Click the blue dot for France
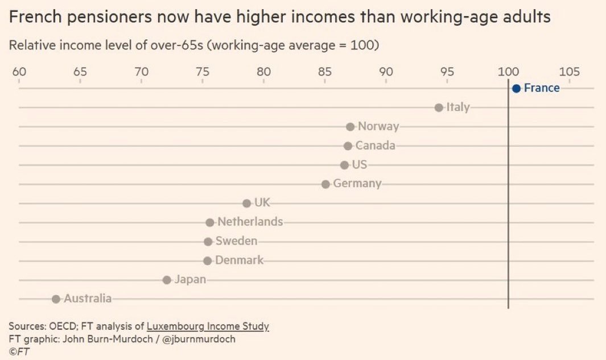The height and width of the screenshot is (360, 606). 516,88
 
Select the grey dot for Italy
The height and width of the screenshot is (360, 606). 439,107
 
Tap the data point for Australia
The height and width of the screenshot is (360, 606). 56,299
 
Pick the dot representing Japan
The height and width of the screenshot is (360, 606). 167,280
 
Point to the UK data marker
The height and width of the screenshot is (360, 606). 246,203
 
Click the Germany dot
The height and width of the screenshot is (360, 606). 325,184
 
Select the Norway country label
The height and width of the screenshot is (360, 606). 378,126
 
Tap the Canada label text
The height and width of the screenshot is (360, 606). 375,146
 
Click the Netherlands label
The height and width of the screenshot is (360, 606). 250,222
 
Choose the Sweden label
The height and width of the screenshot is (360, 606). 236,241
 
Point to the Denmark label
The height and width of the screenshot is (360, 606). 239,260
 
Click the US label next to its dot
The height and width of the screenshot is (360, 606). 360,165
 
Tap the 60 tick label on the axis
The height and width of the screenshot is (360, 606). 19,72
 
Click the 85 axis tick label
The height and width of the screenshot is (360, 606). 324,72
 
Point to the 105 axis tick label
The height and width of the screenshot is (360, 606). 570,72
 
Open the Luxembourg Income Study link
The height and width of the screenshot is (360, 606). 208,326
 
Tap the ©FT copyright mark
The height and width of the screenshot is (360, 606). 19,351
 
